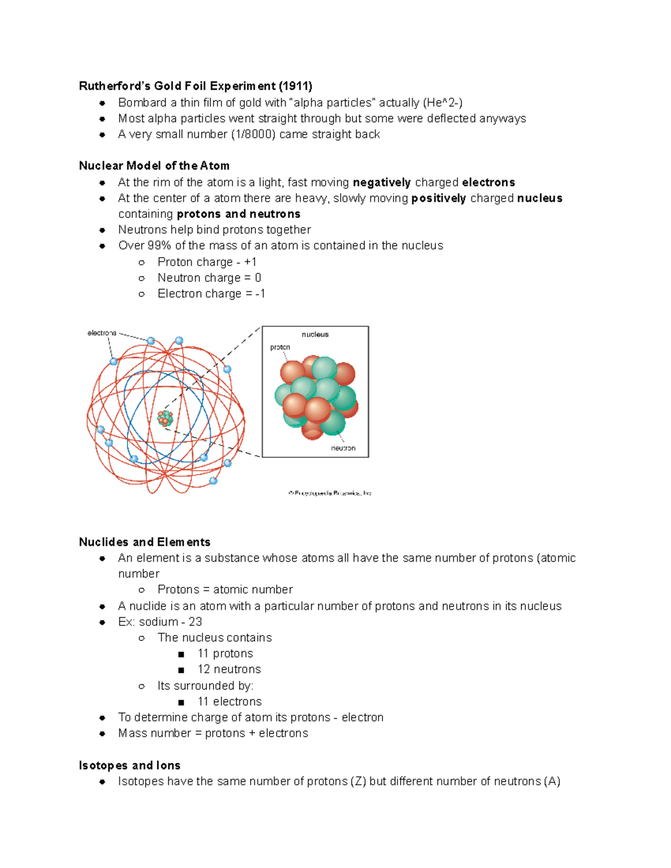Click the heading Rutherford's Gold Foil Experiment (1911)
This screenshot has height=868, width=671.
coord(195,86)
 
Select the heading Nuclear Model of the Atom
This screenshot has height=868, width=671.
coord(154,166)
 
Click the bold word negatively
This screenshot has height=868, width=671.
coord(381,183)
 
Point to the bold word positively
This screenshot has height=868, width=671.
coord(438,198)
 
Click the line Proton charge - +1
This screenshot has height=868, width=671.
coord(207,262)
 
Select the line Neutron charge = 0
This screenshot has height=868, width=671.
coord(209,278)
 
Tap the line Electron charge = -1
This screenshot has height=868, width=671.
coord(211,294)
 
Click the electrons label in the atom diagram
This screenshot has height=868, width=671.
coord(102,333)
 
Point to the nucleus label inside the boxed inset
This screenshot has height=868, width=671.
coord(315,335)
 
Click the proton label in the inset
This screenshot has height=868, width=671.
coord(280,348)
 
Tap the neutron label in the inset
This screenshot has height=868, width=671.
coord(343,448)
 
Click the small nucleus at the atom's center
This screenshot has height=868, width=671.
coord(165,418)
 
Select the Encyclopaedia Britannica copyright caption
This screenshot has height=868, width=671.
coord(330,493)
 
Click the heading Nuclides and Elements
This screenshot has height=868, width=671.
coord(144,542)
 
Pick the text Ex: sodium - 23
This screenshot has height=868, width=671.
coord(160,622)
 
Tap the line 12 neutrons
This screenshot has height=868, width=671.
coord(229,670)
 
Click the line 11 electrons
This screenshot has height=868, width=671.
coord(229,702)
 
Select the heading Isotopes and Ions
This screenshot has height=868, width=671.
coord(129,766)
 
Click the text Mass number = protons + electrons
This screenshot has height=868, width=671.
coord(212,733)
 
